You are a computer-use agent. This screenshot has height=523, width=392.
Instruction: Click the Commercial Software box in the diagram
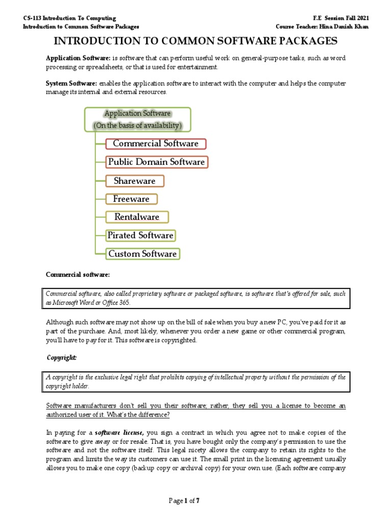[156, 144]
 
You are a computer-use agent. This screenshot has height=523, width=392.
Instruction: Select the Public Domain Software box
[157, 162]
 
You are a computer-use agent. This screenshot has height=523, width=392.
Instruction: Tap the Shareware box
[135, 181]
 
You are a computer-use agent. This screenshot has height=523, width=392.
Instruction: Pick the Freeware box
[131, 199]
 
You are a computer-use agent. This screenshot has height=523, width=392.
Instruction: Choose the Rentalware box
[137, 217]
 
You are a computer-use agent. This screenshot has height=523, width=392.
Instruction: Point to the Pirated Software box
[140, 235]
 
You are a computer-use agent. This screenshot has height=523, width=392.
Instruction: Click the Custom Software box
[142, 254]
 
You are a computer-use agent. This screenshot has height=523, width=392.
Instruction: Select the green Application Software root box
[137, 119]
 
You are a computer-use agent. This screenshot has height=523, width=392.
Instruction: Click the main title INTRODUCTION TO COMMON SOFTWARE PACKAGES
[196, 41]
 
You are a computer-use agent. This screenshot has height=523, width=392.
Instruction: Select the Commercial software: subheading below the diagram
[78, 275]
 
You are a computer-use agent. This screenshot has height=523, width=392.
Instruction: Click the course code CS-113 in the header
[34, 18]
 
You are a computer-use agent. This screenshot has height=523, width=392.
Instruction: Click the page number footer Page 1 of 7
[184, 501]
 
